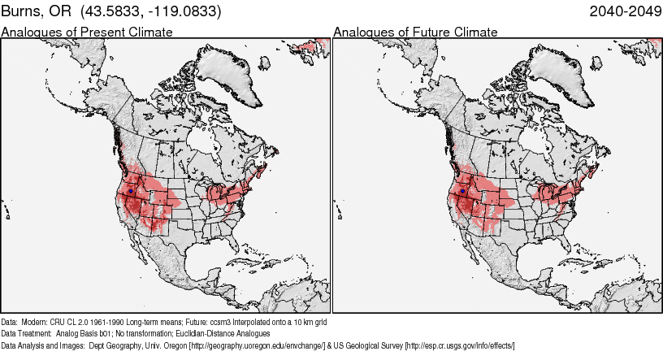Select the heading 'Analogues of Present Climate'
click(86, 33)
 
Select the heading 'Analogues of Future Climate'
click(416, 33)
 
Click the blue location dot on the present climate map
click(131, 191)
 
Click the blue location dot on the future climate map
click(462, 191)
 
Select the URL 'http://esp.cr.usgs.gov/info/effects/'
click(459, 345)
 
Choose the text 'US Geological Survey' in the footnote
click(367, 345)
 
